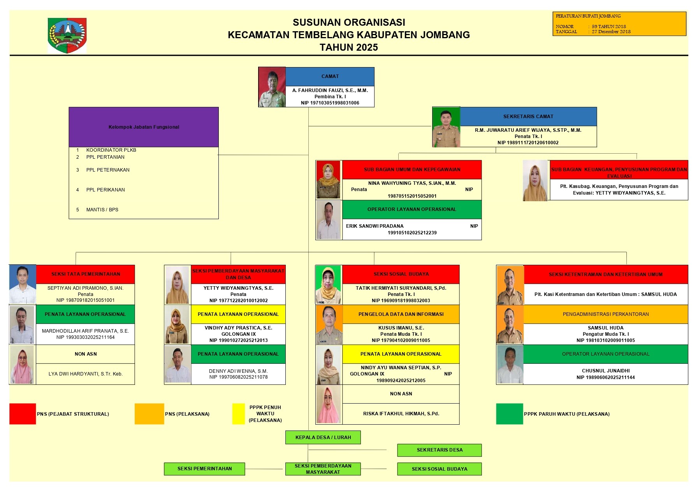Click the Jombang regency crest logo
(67, 35)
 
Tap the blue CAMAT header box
(330, 76)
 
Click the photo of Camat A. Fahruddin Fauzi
(272, 87)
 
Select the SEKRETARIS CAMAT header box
(528, 117)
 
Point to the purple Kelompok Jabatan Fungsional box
(144, 127)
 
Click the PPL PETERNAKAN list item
(108, 170)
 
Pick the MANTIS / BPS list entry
(102, 210)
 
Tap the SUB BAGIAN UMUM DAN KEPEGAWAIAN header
(412, 170)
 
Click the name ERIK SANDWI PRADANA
(375, 226)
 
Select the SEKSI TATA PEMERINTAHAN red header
(86, 274)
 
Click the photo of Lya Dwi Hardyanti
(22, 365)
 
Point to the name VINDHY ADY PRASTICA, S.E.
(238, 328)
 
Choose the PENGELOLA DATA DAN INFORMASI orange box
(401, 314)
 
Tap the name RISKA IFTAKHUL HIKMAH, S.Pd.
(401, 414)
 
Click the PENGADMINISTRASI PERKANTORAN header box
(605, 314)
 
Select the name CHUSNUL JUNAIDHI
(605, 371)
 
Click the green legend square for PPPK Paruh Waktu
(509, 414)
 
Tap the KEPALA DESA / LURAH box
(323, 438)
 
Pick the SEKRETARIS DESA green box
(439, 450)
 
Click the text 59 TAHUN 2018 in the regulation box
(609, 27)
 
